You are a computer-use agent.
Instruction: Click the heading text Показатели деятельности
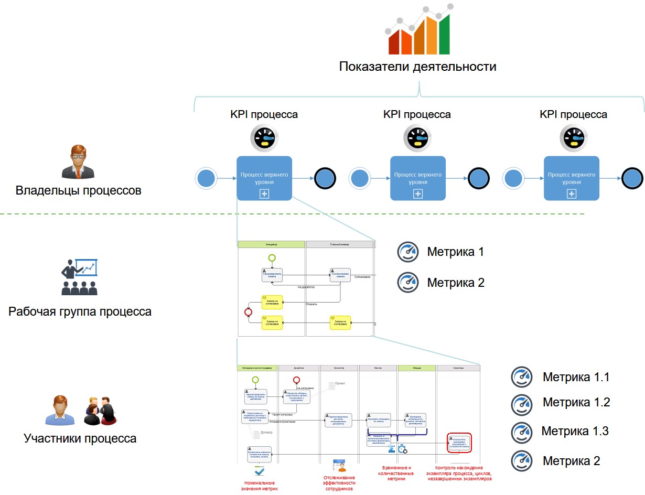point(417,67)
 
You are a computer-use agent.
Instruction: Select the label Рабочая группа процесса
point(80,312)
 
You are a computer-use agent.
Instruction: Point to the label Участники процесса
point(80,438)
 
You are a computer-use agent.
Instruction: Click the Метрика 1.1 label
point(576,377)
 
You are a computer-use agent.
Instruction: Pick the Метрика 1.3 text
point(575,432)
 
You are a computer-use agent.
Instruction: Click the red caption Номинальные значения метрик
point(260,486)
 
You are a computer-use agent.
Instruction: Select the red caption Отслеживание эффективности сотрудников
point(339,483)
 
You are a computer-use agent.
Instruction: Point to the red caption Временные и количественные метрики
point(394,473)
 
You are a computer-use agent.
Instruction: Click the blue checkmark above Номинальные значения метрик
point(260,471)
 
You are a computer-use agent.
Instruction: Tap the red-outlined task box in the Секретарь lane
point(460,443)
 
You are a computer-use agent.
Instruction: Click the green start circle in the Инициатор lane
point(272,257)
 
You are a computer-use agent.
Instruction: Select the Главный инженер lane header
point(339,244)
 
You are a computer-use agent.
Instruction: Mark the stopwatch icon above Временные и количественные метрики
point(402,449)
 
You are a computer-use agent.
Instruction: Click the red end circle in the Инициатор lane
point(249,312)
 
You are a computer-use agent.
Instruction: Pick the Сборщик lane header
point(417,368)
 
